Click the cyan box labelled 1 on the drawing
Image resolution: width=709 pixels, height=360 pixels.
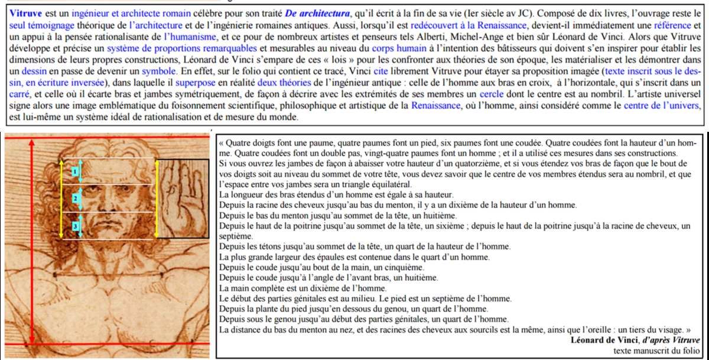coord(75,171)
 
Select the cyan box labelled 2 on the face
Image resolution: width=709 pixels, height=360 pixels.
coord(75,199)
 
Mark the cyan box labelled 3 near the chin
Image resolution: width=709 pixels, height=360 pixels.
coord(75,226)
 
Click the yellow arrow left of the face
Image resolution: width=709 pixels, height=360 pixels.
coord(61,198)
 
